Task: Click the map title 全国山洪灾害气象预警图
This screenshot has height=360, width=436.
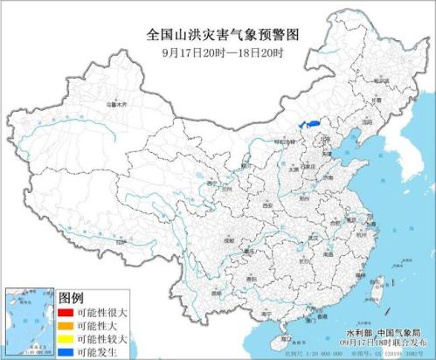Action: [218, 34]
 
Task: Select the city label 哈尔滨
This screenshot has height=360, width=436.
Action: [381, 80]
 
